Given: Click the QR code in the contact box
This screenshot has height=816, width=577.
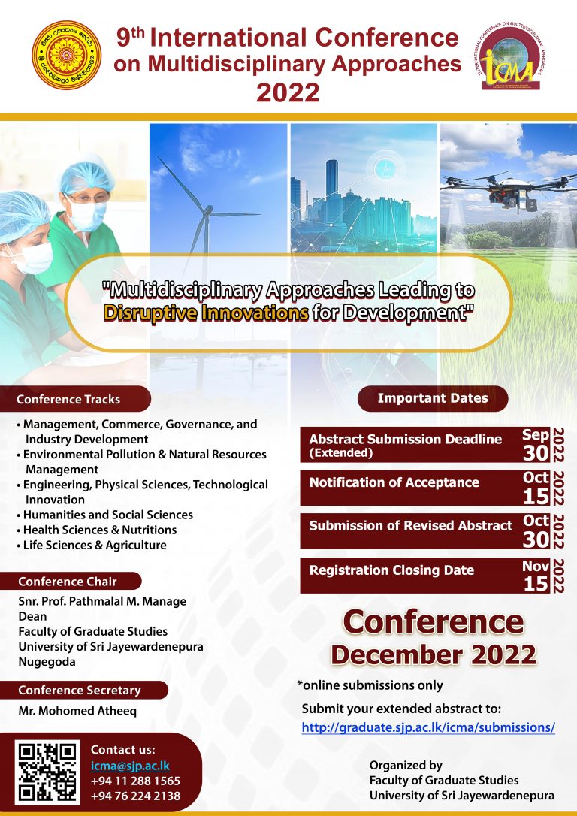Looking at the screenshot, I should click(47, 772).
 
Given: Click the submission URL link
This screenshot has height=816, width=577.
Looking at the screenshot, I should click(428, 727).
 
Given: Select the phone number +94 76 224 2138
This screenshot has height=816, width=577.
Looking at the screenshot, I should click(135, 796).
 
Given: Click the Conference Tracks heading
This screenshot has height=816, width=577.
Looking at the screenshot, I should click(68, 399).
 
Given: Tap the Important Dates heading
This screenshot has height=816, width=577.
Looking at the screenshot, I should click(432, 398).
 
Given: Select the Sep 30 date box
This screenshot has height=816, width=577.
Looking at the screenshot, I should click(536, 445).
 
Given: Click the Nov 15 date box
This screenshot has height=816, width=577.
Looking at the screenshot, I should click(536, 576).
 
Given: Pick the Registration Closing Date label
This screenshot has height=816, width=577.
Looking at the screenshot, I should click(391, 570).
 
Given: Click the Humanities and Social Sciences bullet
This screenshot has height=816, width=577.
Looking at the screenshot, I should click(107, 515).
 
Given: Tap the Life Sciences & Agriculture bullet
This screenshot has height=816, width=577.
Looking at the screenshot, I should click(95, 545).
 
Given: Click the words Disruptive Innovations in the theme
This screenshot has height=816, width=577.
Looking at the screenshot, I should click(206, 313).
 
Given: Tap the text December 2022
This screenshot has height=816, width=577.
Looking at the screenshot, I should click(433, 654).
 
